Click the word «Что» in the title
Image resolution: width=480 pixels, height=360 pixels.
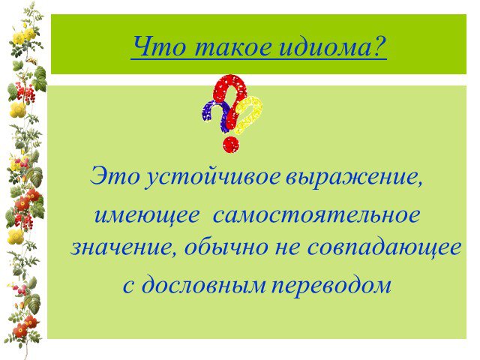pos(159,46)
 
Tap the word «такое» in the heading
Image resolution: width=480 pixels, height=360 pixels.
pos(233,46)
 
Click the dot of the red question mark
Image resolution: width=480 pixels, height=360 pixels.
pos(231,145)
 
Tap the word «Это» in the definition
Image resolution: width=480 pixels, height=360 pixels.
pos(115,176)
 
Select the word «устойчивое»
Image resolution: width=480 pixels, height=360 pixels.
pos(213,178)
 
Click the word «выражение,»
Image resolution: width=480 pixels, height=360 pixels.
pos(354,178)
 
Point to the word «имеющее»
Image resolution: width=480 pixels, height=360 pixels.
pos(147,216)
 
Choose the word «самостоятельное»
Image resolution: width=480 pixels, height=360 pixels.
pos(316,215)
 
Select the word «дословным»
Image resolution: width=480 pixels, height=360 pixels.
pos(203,284)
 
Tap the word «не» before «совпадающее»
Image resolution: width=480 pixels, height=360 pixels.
pos(286,249)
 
